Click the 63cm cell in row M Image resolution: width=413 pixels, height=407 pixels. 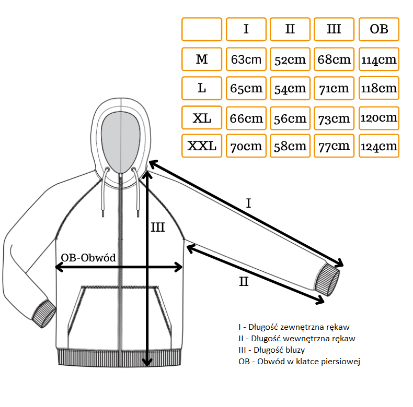(x=246, y=59)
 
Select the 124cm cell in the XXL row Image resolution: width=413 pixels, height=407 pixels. (x=379, y=146)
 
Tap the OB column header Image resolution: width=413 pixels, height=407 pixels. (x=379, y=29)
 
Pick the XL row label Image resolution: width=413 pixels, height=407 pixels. (x=202, y=118)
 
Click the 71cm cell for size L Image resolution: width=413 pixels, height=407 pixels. (x=334, y=89)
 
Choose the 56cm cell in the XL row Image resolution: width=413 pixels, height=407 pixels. (x=290, y=118)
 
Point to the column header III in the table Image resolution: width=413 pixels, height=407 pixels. (x=334, y=29)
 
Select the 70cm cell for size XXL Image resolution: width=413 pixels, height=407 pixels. (x=246, y=146)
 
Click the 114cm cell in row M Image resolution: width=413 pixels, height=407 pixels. (x=379, y=59)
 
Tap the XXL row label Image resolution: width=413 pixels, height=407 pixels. (x=202, y=146)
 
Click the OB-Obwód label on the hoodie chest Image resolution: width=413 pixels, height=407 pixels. (x=88, y=258)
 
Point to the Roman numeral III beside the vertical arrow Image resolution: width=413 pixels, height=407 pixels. (x=158, y=228)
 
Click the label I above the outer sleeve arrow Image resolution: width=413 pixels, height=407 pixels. (x=249, y=202)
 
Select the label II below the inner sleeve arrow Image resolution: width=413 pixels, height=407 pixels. (x=244, y=282)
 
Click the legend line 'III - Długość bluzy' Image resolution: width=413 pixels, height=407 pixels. (x=271, y=350)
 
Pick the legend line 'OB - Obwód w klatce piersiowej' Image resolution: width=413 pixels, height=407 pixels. (x=299, y=361)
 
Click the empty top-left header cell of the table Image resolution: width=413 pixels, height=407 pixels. (x=202, y=29)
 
